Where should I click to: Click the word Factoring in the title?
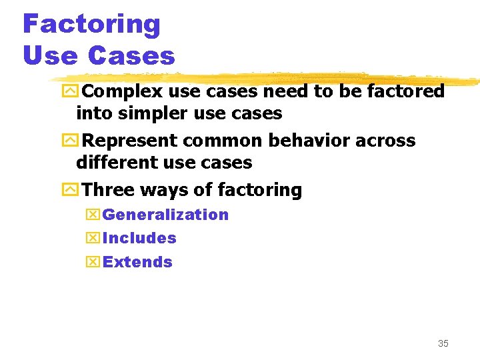(91, 25)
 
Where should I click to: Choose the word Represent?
(128, 141)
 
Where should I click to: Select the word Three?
(107, 190)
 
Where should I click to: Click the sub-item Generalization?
(165, 215)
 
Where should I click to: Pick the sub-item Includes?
(139, 238)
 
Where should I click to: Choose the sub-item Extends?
(137, 262)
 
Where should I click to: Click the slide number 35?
(443, 344)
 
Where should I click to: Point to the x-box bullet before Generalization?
(93, 215)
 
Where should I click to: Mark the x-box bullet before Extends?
(93, 262)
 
